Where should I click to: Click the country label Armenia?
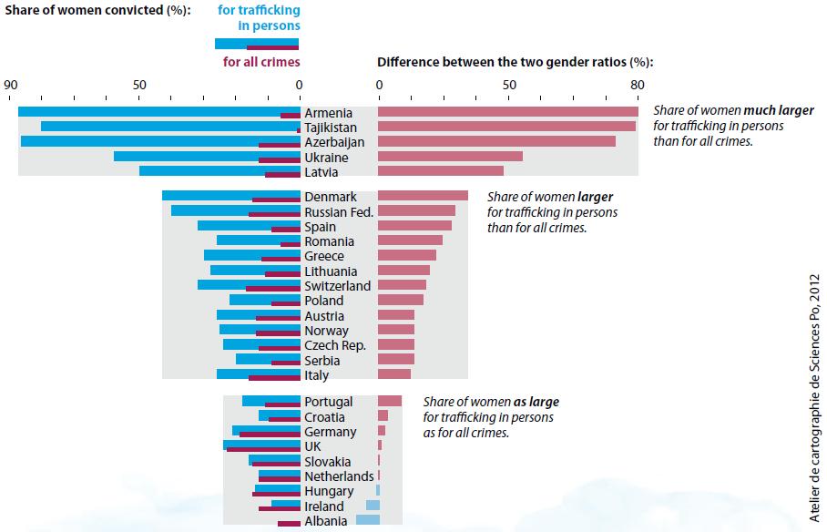click(x=329, y=113)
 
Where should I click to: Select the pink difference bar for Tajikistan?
click(x=506, y=127)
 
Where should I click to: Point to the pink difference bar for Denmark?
click(x=423, y=196)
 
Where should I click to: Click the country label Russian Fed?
click(x=339, y=211)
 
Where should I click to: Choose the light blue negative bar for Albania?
click(x=367, y=520)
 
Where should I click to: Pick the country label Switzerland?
click(x=337, y=286)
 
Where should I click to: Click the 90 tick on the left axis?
click(x=11, y=85)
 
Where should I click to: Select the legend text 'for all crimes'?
click(x=261, y=62)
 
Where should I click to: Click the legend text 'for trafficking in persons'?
click(x=260, y=18)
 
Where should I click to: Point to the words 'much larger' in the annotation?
click(x=779, y=110)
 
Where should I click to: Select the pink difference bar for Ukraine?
click(x=450, y=157)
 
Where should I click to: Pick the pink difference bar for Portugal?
click(x=390, y=401)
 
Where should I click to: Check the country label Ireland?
click(x=324, y=506)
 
